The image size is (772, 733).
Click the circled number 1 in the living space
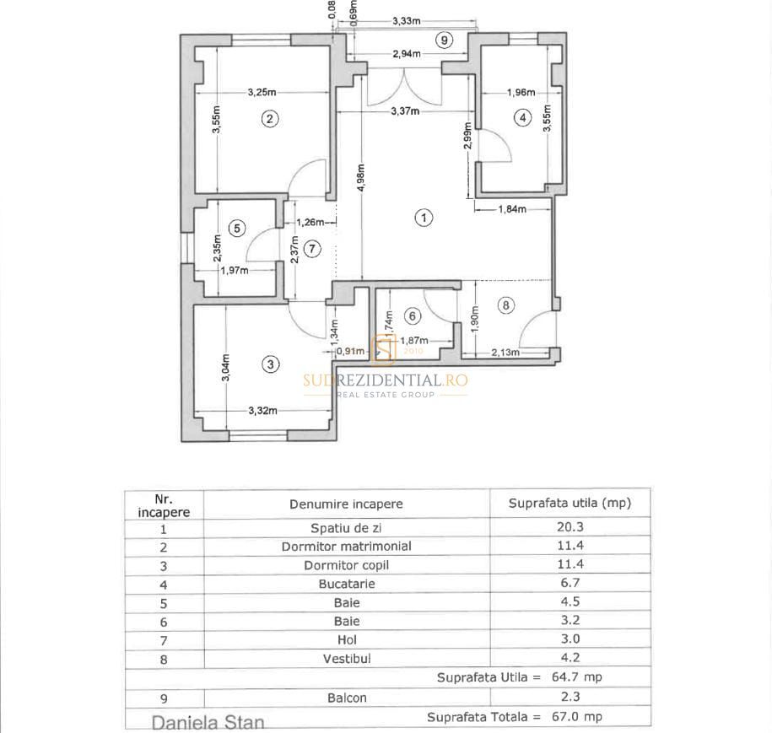pyautogui.click(x=424, y=218)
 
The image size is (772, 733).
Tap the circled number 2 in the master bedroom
pyautogui.click(x=269, y=119)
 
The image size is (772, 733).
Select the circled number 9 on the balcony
pyautogui.click(x=445, y=40)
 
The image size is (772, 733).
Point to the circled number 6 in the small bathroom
pyautogui.click(x=412, y=315)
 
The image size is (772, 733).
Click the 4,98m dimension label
pyautogui.click(x=360, y=178)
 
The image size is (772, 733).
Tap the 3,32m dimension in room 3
pyautogui.click(x=263, y=411)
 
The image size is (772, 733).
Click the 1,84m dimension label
pyautogui.click(x=513, y=209)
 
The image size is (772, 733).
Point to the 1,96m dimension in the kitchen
pyautogui.click(x=521, y=93)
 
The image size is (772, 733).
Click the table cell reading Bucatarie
pyautogui.click(x=347, y=584)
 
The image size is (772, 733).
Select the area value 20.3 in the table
pyautogui.click(x=570, y=528)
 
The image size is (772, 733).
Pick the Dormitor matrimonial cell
pyautogui.click(x=347, y=547)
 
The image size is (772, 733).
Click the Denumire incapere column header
pyautogui.click(x=347, y=504)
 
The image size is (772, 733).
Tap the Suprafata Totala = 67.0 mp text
pyautogui.click(x=515, y=717)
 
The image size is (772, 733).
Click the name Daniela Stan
pyautogui.click(x=208, y=723)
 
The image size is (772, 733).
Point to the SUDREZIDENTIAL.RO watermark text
pyautogui.click(x=386, y=380)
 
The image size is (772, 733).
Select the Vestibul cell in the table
pyautogui.click(x=347, y=658)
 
